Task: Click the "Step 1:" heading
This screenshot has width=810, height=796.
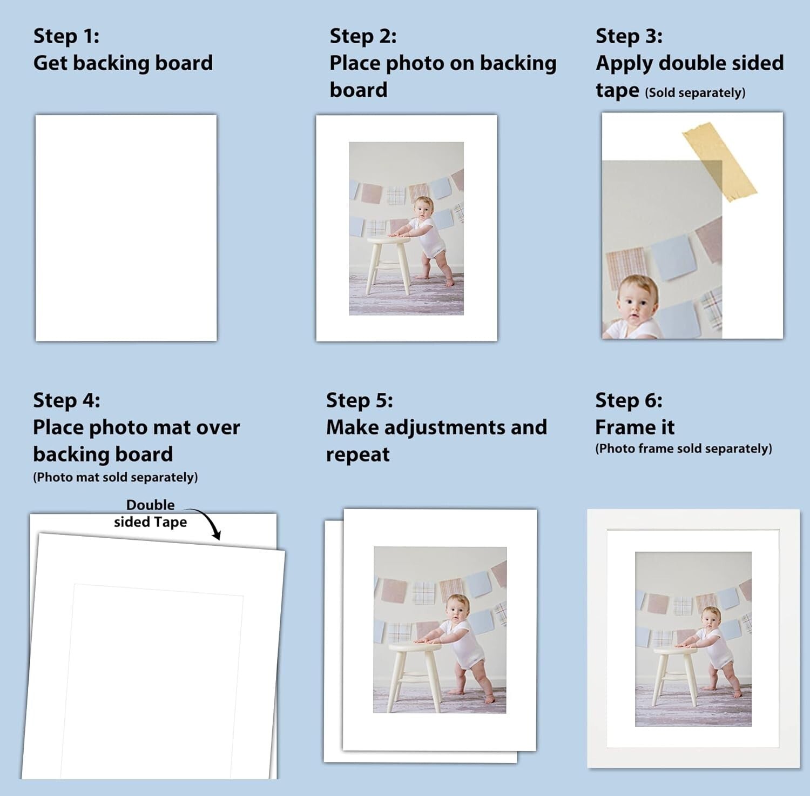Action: (66, 36)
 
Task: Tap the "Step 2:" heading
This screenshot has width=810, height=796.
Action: (363, 36)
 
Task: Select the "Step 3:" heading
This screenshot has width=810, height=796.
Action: (629, 36)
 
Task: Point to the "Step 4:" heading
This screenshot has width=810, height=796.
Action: (66, 400)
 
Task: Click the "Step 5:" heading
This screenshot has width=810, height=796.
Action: (360, 400)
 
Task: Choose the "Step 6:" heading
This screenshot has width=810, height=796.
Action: (629, 400)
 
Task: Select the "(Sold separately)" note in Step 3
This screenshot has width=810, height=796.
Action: (695, 92)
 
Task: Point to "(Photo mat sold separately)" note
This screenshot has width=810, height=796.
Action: (116, 477)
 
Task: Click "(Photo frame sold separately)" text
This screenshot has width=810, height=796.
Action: (684, 449)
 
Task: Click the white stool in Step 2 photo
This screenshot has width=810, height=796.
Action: (388, 259)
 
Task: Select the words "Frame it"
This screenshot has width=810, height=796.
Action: (634, 427)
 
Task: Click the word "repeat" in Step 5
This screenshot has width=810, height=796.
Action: (357, 455)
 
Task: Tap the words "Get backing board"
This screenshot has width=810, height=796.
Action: (123, 63)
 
